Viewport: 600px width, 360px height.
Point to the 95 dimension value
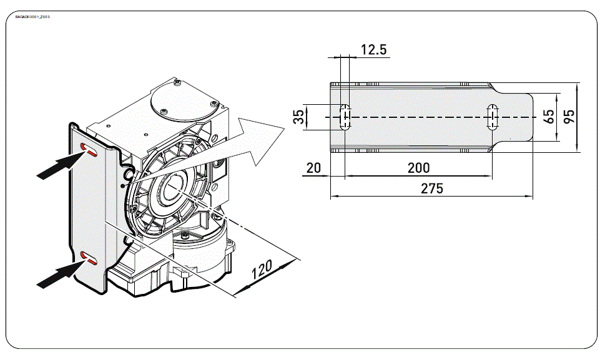[x=569, y=117]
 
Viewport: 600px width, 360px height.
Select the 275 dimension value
[x=431, y=188]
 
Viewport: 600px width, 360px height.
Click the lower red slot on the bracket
[x=91, y=258]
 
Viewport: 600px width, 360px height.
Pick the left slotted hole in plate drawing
[x=344, y=117]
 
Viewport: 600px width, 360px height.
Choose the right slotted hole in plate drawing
[x=493, y=117]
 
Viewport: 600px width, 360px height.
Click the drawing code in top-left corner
[x=32, y=16]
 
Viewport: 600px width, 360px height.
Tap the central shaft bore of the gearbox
[x=168, y=190]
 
